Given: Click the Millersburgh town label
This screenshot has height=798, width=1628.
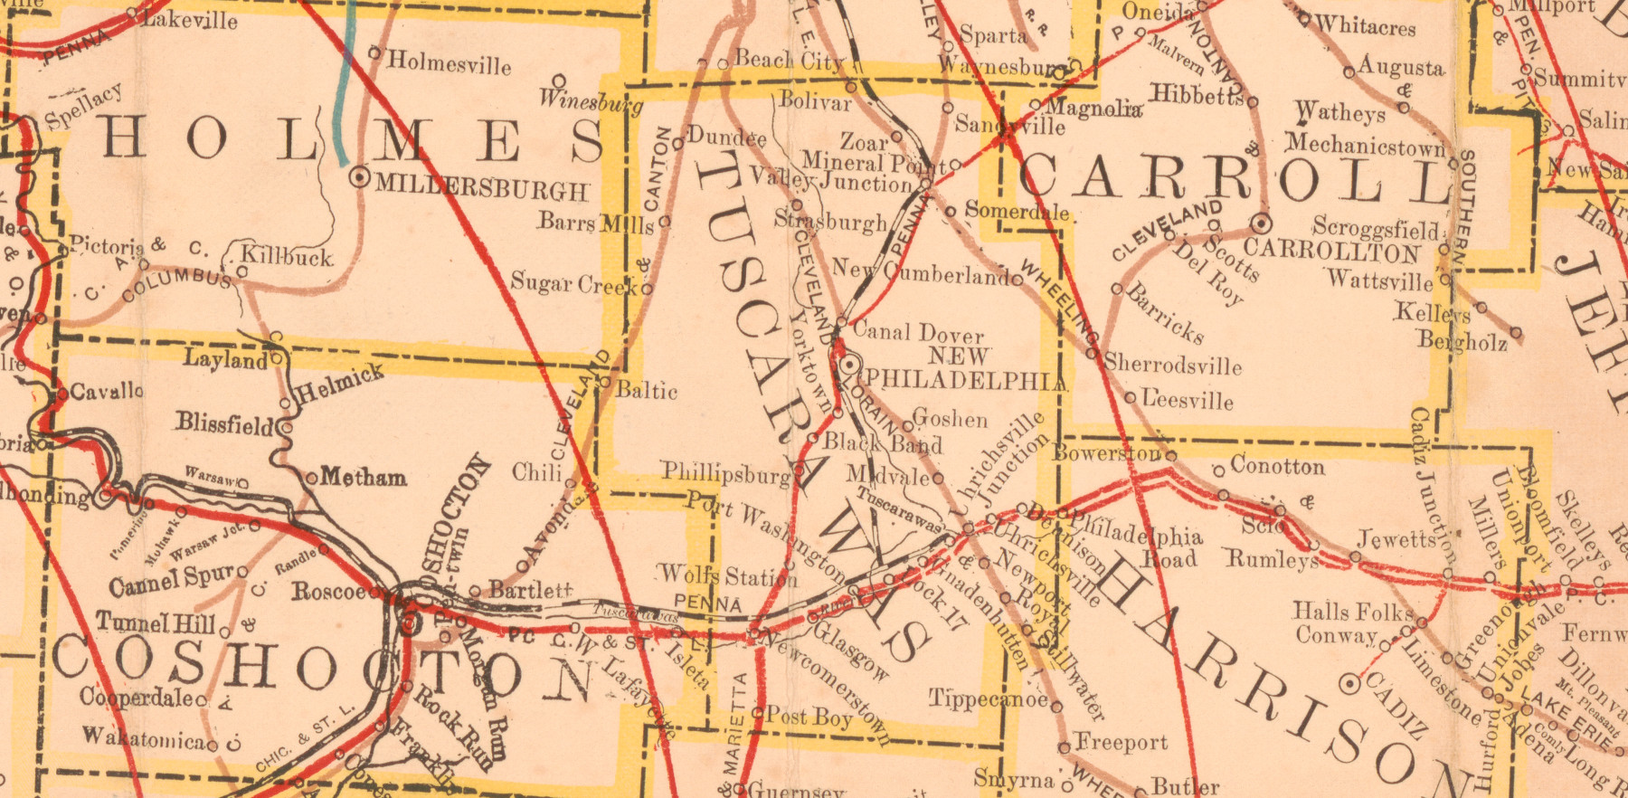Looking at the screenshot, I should pyautogui.click(x=482, y=187).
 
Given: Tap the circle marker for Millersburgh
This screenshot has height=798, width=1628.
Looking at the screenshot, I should pyautogui.click(x=361, y=177).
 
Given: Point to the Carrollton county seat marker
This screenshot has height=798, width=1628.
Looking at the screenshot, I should pyautogui.click(x=1261, y=223).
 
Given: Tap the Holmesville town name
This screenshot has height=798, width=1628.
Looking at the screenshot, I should pyautogui.click(x=450, y=63).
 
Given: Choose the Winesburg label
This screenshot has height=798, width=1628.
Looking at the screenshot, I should pyautogui.click(x=591, y=100).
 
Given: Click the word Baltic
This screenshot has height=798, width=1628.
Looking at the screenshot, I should pyautogui.click(x=647, y=391).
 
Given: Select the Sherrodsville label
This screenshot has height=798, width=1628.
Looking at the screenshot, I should pyautogui.click(x=1173, y=366).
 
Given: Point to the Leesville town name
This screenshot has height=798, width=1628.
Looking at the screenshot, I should pyautogui.click(x=1188, y=399).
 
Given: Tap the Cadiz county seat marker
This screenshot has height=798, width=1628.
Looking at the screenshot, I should pyautogui.click(x=1349, y=683).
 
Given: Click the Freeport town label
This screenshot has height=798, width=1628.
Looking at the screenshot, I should pyautogui.click(x=1122, y=743).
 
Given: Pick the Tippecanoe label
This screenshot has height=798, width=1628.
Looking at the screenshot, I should pyautogui.click(x=989, y=698).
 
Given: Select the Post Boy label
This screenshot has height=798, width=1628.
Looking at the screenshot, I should pyautogui.click(x=809, y=717).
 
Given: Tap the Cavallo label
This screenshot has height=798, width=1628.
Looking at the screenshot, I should pyautogui.click(x=106, y=392).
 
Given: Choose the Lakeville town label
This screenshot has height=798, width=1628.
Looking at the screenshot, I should pyautogui.click(x=190, y=19).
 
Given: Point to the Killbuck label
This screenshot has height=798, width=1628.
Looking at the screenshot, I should pyautogui.click(x=288, y=257).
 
